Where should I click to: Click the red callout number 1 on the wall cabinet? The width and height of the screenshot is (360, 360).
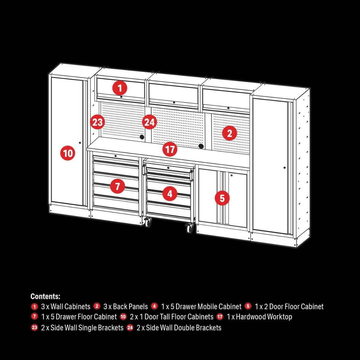(x=120, y=88)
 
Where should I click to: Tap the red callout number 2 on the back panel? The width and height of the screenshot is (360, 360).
(x=229, y=133)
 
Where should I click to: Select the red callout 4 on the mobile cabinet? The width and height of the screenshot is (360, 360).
(x=170, y=194)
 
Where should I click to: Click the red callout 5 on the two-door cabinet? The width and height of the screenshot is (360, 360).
(x=222, y=198)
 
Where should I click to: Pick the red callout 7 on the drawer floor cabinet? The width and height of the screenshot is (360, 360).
(x=117, y=186)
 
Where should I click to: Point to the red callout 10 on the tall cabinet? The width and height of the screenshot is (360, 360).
(x=68, y=153)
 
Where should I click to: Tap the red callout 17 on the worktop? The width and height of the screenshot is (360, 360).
(x=170, y=149)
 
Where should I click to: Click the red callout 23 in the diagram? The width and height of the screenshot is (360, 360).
(x=97, y=122)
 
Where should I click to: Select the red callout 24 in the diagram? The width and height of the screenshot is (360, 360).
(x=149, y=122)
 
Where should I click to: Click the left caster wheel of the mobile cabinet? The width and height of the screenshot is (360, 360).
(x=148, y=223)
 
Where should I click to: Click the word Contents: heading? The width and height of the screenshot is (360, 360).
(x=45, y=296)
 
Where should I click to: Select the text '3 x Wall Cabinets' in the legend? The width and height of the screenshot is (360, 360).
(x=65, y=307)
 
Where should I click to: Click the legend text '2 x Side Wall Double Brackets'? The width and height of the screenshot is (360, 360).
(x=179, y=328)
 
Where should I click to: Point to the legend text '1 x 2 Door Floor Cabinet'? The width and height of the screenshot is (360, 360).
(x=289, y=307)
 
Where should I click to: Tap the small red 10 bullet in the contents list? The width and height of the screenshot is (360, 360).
(x=123, y=316)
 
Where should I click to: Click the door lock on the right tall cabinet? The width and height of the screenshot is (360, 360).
(x=284, y=167)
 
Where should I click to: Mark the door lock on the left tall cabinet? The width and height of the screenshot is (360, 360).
(x=80, y=142)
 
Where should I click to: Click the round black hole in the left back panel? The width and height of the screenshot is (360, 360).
(x=142, y=137)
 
